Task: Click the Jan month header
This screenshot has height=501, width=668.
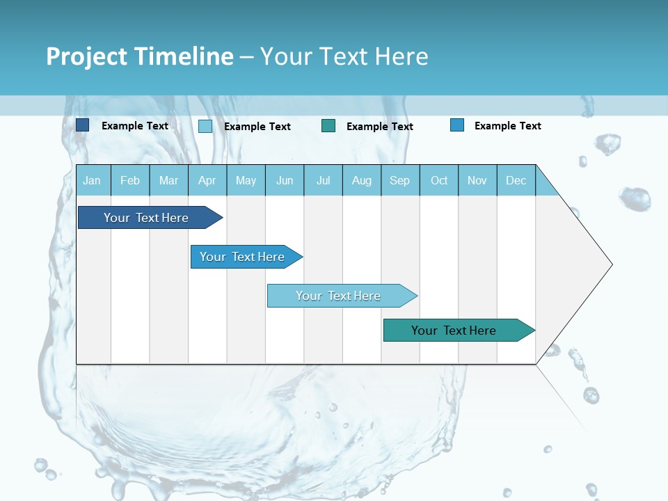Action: [x=93, y=181]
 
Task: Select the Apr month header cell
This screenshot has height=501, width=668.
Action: [x=207, y=181]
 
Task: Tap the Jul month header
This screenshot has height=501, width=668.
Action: [x=323, y=181]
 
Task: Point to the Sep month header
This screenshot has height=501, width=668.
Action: [x=399, y=181]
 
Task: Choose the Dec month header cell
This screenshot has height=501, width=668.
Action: [x=516, y=181]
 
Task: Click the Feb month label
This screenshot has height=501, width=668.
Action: [x=130, y=181]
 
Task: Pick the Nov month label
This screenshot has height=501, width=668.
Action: [x=477, y=181]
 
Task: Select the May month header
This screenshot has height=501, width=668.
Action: [x=246, y=181]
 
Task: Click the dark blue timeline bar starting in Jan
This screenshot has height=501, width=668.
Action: [x=147, y=218]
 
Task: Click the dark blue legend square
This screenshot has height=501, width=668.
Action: [x=82, y=125]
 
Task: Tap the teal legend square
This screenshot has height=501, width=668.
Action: [x=328, y=126]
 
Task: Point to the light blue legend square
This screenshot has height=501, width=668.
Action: [x=205, y=126]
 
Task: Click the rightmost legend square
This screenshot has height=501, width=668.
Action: [x=457, y=125]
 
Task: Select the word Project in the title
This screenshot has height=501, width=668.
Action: [x=87, y=56]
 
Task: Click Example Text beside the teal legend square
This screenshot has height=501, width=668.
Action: [x=379, y=127]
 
